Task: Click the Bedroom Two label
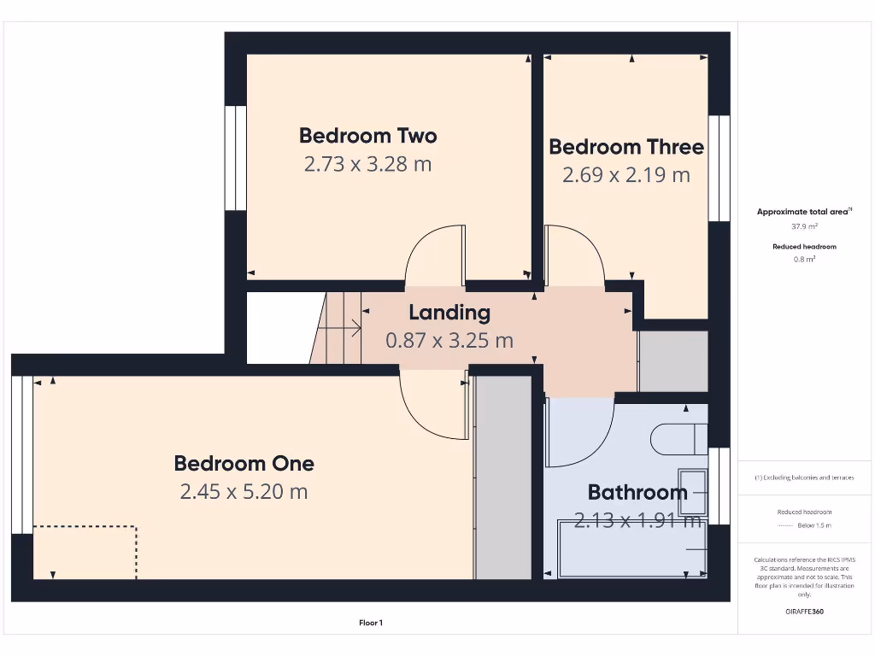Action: coord(367,136)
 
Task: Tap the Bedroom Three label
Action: coord(626,147)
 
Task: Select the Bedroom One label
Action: coord(244,464)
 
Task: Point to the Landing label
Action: coord(449,313)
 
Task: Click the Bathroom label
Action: coord(637,492)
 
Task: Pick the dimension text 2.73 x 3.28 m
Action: coord(367,164)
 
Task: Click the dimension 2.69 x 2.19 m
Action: coord(626,175)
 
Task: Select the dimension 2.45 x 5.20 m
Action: coord(244,492)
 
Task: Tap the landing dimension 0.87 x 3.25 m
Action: coord(449,341)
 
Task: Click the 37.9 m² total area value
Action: coord(804,227)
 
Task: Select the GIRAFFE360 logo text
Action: coord(804,612)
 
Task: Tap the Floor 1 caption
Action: coord(371,624)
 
